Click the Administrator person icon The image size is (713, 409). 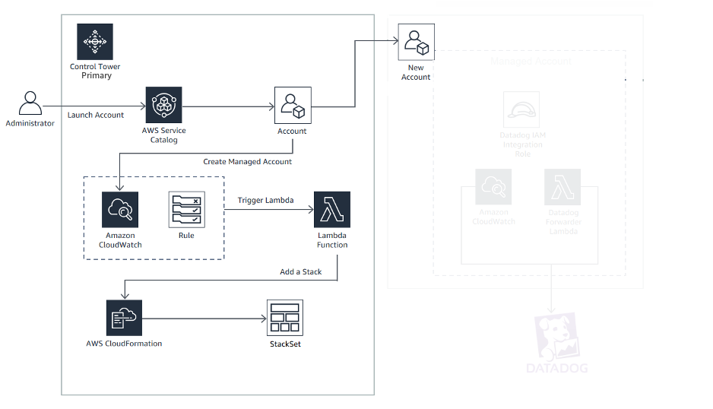click(30, 104)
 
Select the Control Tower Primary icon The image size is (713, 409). click(95, 42)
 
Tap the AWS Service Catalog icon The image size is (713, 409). click(163, 105)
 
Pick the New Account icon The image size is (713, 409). click(416, 42)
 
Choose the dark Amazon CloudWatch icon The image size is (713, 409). click(120, 210)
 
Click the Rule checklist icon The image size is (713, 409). click(186, 210)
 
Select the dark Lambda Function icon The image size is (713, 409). click(332, 210)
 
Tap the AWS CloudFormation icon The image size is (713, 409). click(124, 318)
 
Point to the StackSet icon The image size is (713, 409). click(285, 318)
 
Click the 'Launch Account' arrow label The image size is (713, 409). click(96, 116)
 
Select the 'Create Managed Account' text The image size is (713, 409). click(247, 162)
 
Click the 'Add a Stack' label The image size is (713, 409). click(301, 272)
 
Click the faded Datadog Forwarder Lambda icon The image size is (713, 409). click(562, 187)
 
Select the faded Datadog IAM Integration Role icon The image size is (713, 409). click(521, 110)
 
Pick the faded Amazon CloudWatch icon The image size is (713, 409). click(493, 187)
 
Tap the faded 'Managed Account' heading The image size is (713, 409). click(531, 61)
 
